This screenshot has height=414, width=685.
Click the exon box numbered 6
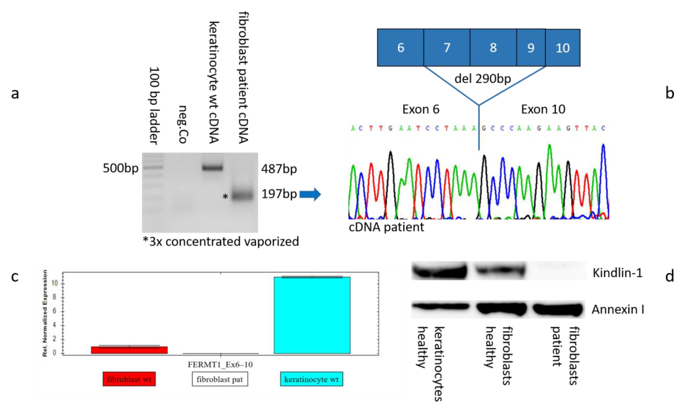(x=400, y=47)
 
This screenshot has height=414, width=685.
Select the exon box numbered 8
(x=493, y=47)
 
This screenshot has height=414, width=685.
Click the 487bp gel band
(x=212, y=168)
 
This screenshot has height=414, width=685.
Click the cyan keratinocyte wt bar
(x=312, y=315)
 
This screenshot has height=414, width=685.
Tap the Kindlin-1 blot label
(x=617, y=273)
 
